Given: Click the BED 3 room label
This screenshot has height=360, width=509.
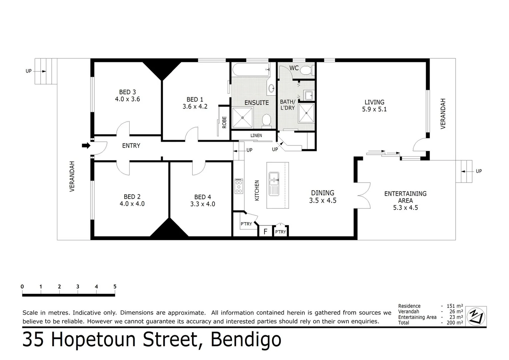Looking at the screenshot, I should click(x=127, y=92).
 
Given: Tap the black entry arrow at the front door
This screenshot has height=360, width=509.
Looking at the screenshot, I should click(x=86, y=146).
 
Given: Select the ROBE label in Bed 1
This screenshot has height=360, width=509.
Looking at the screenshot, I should click(x=224, y=122).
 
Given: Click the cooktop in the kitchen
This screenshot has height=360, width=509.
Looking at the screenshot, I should click(x=239, y=186).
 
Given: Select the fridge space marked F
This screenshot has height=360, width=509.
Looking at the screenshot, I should click(x=265, y=231).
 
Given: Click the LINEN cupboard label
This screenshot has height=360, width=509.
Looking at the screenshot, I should click(x=256, y=136).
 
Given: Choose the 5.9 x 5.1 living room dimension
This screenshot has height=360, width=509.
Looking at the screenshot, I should click(x=374, y=109).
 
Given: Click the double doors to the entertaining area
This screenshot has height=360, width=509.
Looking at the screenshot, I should click(x=363, y=195).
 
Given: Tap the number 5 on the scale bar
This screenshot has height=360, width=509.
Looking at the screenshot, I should click(x=115, y=287).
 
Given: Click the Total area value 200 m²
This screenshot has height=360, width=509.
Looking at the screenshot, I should click(x=455, y=323).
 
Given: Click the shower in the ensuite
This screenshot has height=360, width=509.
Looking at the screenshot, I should click(x=242, y=117).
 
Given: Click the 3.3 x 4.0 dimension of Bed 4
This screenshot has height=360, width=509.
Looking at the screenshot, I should click(x=203, y=204).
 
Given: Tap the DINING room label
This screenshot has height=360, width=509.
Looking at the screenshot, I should click(x=322, y=193).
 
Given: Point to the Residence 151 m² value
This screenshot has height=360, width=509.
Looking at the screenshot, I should click(x=455, y=306).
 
